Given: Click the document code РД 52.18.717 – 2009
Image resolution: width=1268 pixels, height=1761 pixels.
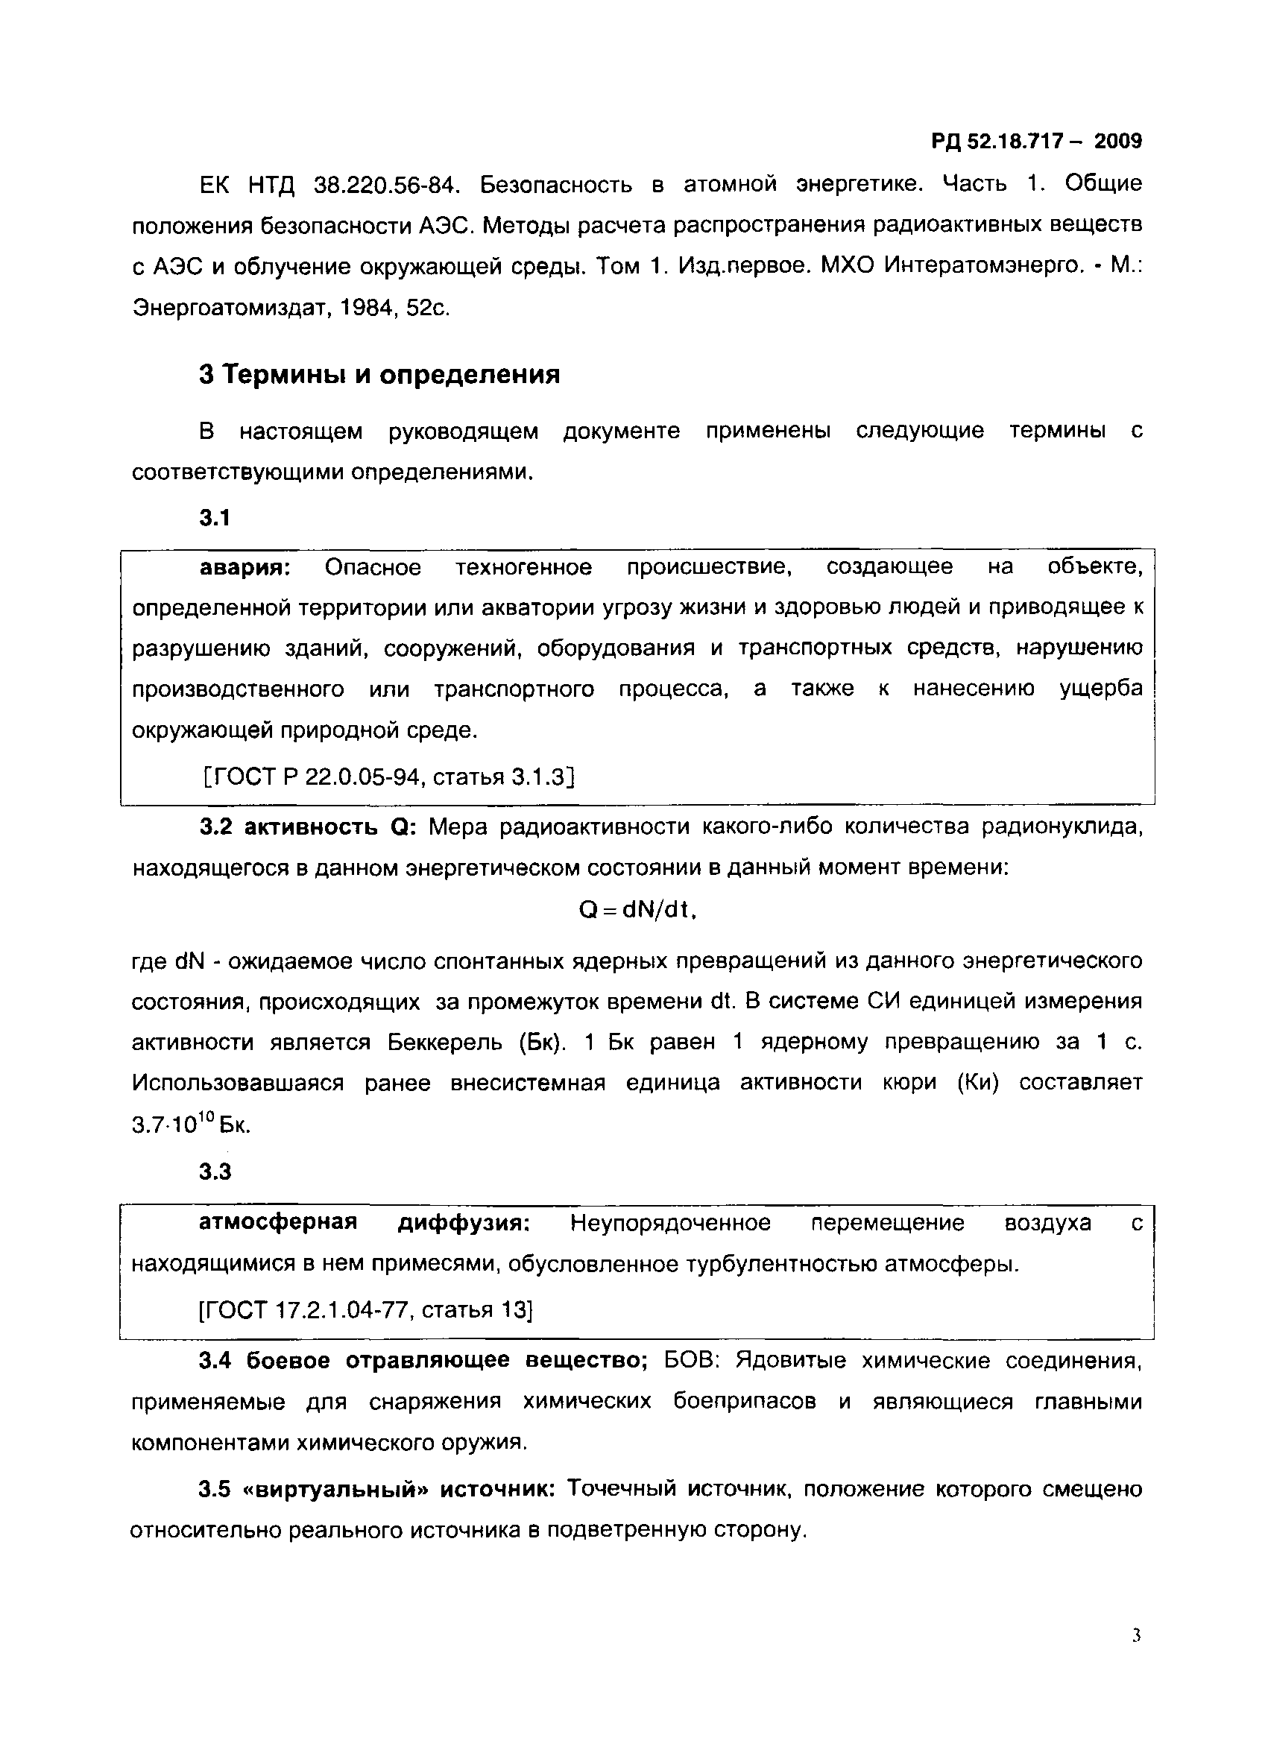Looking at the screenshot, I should coord(1036,142).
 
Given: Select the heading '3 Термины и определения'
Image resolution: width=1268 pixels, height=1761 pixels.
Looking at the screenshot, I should coord(379,375).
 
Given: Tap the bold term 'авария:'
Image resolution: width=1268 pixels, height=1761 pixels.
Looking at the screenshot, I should coord(245,568).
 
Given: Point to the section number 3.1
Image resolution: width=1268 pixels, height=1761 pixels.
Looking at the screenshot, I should coord(215,518).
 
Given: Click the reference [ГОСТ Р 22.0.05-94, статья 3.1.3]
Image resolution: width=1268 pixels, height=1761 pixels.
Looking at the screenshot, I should coord(388,777).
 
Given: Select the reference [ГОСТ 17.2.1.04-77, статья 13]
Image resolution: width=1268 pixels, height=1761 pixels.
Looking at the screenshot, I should coord(366,1310).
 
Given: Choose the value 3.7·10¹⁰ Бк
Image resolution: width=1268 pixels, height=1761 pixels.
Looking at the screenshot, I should coord(191,1125).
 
